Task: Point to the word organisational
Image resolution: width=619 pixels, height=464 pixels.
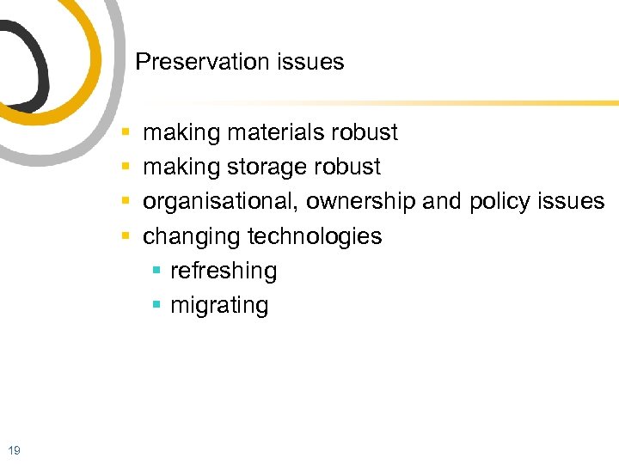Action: pyautogui.click(x=221, y=201)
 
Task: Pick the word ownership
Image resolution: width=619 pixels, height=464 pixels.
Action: pyautogui.click(x=360, y=201)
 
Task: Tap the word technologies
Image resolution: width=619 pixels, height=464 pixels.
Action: pyautogui.click(x=315, y=236)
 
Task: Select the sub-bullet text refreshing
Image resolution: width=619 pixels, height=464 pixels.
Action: pyautogui.click(x=224, y=272)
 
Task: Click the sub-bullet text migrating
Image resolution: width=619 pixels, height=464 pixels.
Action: pyautogui.click(x=219, y=306)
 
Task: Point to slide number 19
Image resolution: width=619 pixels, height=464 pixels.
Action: pyautogui.click(x=14, y=448)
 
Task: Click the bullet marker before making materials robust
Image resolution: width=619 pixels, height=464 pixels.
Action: pyautogui.click(x=126, y=132)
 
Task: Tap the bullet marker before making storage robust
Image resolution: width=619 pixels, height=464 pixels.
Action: pyautogui.click(x=126, y=167)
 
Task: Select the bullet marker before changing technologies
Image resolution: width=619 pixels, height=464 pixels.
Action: pyautogui.click(x=126, y=235)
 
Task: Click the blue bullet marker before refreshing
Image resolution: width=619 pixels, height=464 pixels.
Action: pyautogui.click(x=156, y=271)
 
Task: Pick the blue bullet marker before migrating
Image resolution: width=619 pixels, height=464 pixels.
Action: pyautogui.click(x=156, y=305)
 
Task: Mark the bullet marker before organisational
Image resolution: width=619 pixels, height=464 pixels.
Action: pyautogui.click(x=126, y=201)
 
